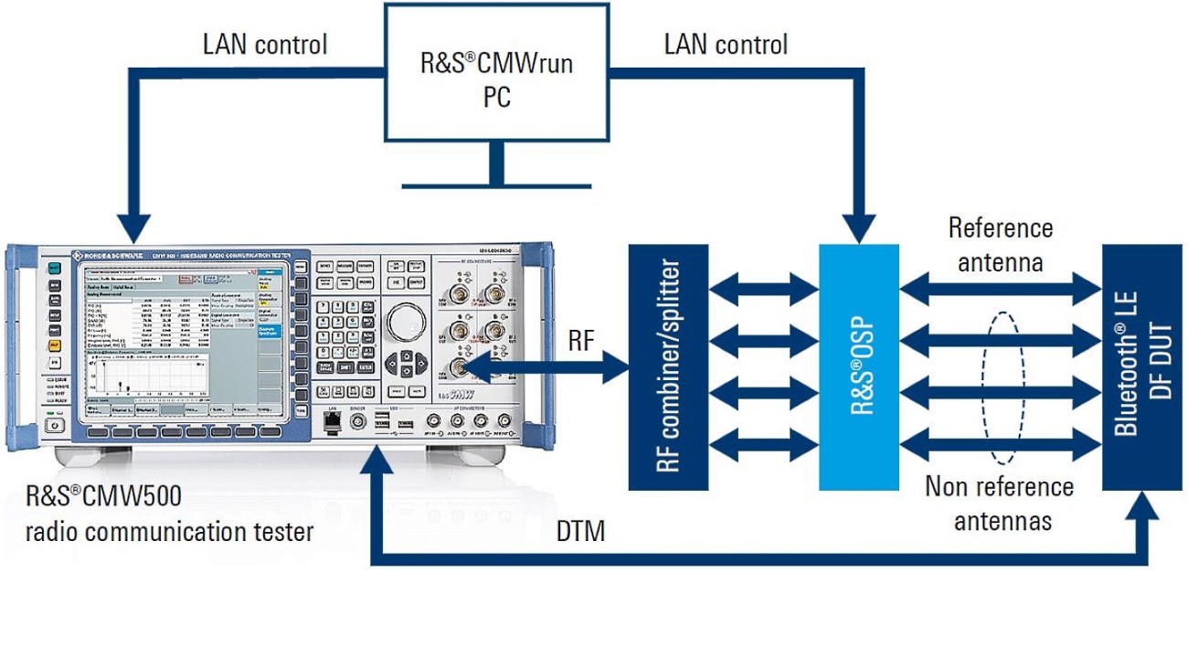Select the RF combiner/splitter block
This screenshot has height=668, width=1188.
668,366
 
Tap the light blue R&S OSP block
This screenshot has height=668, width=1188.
859,366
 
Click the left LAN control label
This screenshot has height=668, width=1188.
265,44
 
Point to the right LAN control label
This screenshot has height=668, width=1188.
726,44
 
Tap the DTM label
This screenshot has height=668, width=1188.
580,532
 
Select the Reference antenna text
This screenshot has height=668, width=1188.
1000,245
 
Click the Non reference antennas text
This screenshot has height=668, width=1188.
1000,503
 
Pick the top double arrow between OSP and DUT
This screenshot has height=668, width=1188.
1000,291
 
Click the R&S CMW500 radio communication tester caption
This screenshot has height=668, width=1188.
169,514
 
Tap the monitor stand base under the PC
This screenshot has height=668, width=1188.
496,186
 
